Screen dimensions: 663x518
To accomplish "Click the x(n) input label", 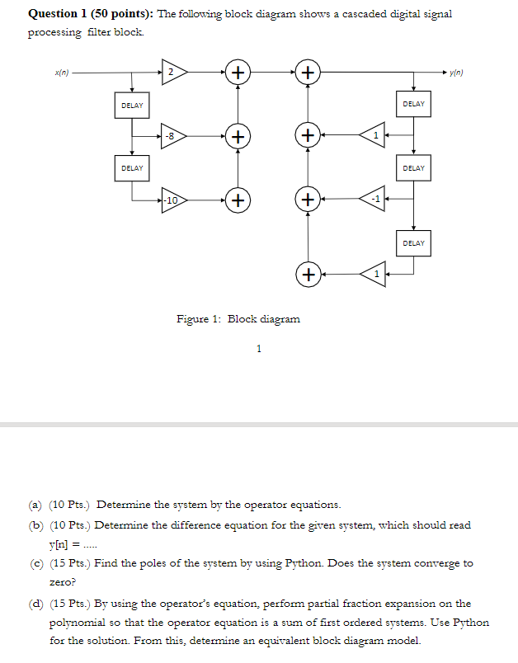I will [x=61, y=73].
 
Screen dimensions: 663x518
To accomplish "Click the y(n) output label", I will [x=458, y=73].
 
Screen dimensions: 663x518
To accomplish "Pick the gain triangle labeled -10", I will [x=172, y=200].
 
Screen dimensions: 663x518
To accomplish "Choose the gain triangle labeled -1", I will [x=372, y=200].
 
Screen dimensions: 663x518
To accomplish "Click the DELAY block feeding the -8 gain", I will [x=132, y=106].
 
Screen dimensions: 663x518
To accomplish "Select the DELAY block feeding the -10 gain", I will [x=132, y=168].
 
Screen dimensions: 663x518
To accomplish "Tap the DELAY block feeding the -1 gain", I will [x=413, y=168].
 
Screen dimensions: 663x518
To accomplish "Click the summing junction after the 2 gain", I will [x=238, y=73].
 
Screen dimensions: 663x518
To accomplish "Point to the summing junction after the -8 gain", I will [x=238, y=135].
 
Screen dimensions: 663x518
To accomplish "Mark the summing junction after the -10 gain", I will [x=238, y=200].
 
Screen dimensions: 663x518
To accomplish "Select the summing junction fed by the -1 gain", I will [x=308, y=200].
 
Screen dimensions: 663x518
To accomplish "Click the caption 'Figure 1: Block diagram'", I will [x=239, y=318].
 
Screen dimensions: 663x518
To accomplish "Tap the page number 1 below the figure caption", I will [x=259, y=350].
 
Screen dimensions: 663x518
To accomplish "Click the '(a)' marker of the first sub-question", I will [x=35, y=504].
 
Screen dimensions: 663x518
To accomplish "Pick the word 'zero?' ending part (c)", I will [x=64, y=582].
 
